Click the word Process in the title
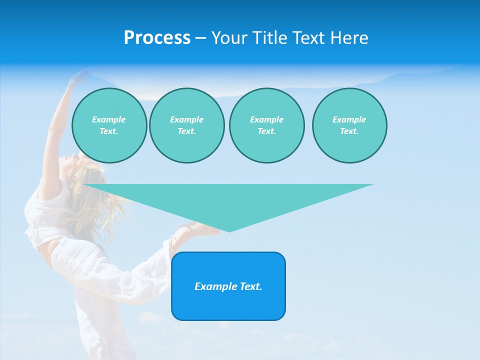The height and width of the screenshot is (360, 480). pyautogui.click(x=157, y=38)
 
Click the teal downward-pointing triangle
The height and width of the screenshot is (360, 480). pyautogui.click(x=228, y=200)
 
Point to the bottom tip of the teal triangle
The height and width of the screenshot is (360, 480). pyautogui.click(x=229, y=230)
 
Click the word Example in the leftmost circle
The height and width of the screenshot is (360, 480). pyautogui.click(x=109, y=119)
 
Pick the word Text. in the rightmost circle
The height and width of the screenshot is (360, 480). pyautogui.click(x=349, y=131)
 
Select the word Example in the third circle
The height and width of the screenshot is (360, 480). pyautogui.click(x=266, y=119)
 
